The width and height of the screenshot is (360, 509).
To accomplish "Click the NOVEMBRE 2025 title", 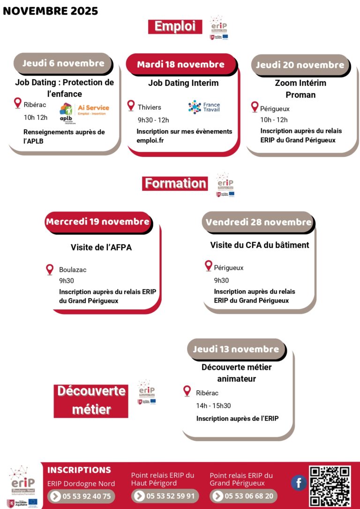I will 51,11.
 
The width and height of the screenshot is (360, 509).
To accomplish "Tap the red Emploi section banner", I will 175,27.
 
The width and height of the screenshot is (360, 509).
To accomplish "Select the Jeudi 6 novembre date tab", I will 63,63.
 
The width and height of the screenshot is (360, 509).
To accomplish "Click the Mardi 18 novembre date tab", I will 180,64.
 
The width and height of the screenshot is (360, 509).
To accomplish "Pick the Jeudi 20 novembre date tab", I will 300,65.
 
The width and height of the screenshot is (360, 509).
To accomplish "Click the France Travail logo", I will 204,107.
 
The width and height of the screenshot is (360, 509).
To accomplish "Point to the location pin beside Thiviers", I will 131,106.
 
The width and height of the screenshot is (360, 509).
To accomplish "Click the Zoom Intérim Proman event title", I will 300,89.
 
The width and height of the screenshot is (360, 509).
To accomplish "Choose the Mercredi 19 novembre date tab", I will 97,222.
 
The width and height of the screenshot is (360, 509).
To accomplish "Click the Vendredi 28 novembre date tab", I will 258,222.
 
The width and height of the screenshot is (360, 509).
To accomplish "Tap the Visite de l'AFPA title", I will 101,247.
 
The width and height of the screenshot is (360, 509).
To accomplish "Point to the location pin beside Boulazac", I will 50,269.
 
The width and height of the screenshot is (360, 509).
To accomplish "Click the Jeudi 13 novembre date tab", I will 236,349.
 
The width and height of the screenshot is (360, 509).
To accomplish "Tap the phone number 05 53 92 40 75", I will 81,496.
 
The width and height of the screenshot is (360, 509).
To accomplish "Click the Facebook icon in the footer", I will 299,483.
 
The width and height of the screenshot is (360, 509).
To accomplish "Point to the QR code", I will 330,486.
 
